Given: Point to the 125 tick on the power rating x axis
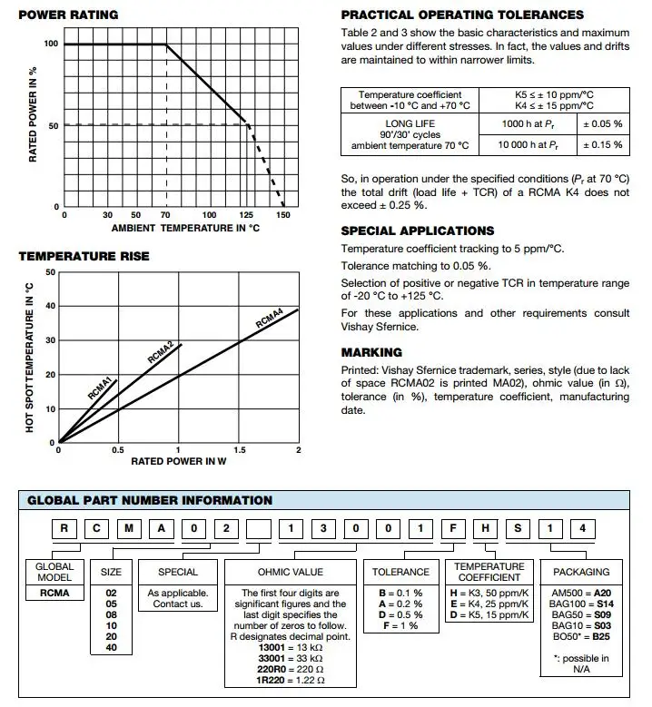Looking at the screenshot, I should click(x=245, y=215).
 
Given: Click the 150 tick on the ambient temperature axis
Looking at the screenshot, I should click(x=283, y=215).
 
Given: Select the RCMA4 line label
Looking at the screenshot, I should click(x=269, y=318).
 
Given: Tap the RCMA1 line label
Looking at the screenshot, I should click(x=100, y=388).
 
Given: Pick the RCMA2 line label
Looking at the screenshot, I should click(x=160, y=351).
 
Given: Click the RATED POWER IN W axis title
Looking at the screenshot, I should click(x=178, y=461).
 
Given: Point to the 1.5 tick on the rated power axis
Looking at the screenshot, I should click(x=239, y=450).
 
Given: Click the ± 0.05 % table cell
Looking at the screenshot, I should click(x=602, y=123).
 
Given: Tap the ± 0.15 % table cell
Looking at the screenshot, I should click(x=602, y=144).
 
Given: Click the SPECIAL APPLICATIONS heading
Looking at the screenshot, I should click(x=418, y=231).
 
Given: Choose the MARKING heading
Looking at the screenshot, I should click(x=371, y=352).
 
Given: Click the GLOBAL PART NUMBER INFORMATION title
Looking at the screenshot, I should click(x=150, y=500).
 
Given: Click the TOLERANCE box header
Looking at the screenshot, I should click(x=401, y=572).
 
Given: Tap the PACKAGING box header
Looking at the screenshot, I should click(x=581, y=572).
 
